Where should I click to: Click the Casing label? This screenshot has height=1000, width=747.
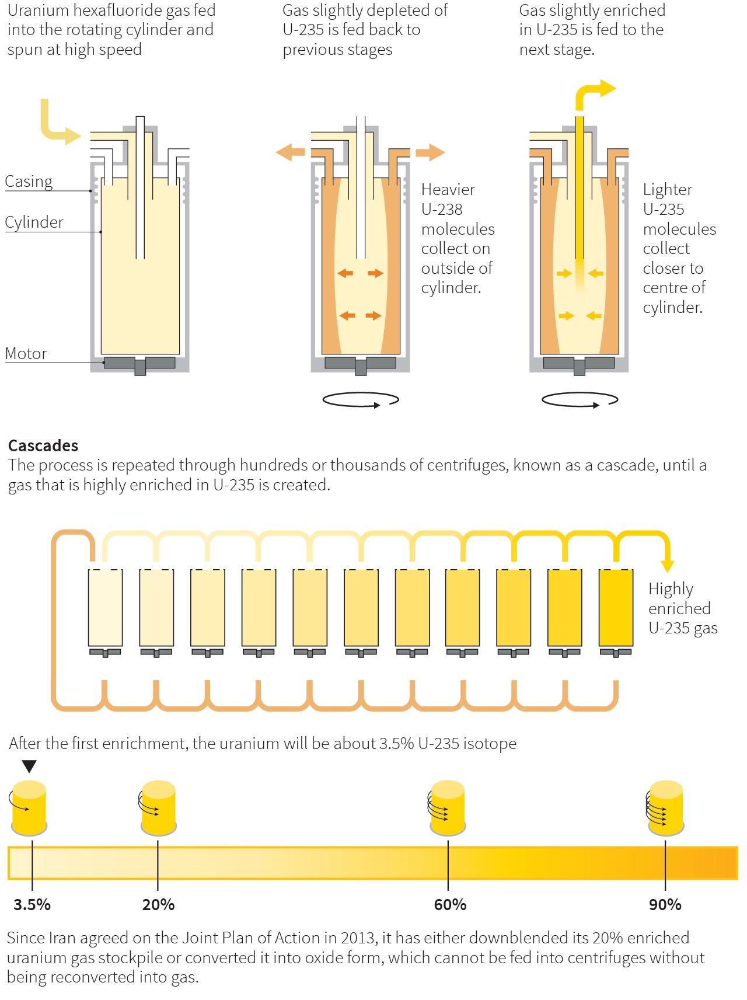coord(29,182)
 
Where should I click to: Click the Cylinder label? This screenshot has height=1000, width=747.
coord(34,222)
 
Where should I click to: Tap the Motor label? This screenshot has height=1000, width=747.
coord(26,354)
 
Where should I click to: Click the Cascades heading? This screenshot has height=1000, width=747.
coord(43,445)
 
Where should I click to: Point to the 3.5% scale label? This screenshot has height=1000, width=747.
coord(32,905)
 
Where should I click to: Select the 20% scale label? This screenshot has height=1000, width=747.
coord(158,905)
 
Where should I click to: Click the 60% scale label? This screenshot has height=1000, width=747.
coord(450,905)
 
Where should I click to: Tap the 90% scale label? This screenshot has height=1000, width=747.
coord(665,905)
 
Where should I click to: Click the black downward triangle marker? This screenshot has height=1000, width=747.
coord(29,766)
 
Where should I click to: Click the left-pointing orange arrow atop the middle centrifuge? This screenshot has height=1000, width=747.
coord(291,153)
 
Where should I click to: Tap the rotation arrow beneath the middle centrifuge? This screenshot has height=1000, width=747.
coord(361,400)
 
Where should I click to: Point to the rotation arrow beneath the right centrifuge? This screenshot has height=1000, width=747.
coord(580,400)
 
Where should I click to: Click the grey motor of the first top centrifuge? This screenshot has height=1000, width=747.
coord(139,364)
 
